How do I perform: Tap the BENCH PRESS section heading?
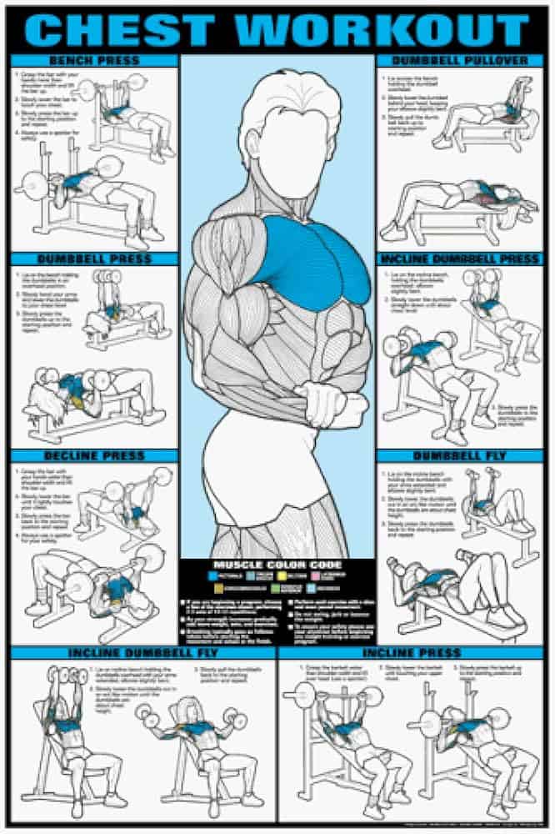[x=94, y=61]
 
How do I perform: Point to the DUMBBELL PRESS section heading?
[x=94, y=259]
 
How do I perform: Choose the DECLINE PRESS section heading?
[x=94, y=456]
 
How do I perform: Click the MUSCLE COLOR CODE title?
[x=277, y=565]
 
